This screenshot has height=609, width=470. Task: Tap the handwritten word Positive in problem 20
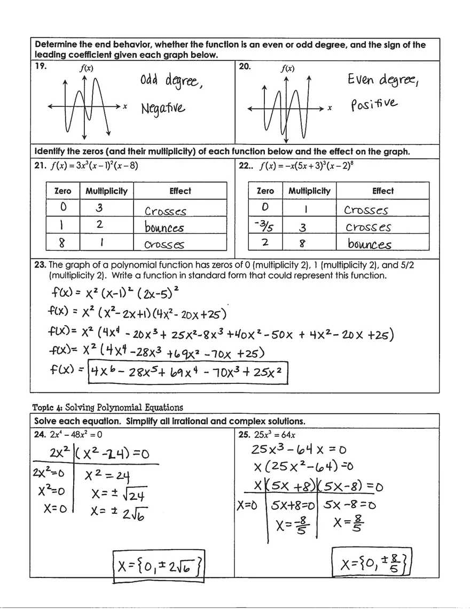pos(374,102)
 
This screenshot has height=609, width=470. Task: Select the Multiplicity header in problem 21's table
pos(107,191)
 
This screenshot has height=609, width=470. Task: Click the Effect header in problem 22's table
pos(382,191)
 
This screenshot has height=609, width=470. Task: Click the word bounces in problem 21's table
pos(164,227)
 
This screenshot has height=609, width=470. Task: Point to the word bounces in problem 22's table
pos(369,244)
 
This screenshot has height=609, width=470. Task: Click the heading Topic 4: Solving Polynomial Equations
pos(106,407)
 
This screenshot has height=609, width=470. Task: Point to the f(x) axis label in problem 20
pos(287,69)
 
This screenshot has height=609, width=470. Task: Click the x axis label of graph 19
pos(124,107)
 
